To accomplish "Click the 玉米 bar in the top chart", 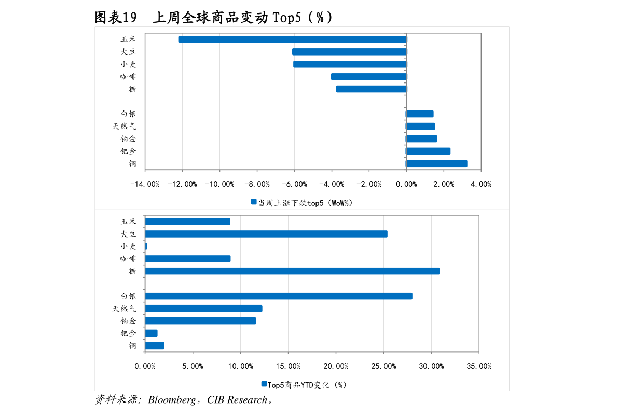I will pos(293,39).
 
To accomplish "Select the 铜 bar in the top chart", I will pos(436,164).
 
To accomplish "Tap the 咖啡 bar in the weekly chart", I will pos(368,77).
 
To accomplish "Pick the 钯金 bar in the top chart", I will pos(428,151).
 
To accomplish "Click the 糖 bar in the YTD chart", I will pos(292,271).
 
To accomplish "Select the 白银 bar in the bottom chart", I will pos(279,296).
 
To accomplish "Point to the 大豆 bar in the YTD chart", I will pos(266,234).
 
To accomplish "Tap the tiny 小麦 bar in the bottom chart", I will pos(146,246).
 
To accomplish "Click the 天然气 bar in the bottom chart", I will pos(203,309).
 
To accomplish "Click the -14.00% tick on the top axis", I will pos(145,184).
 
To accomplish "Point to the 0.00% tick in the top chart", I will pos(406,184).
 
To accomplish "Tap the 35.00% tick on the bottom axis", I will pos(479,366).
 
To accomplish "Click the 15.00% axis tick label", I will pos(288,366).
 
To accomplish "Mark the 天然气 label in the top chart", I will pos(125,127).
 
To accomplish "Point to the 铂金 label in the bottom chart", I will pos(128,321).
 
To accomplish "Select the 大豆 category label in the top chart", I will pos(128,52).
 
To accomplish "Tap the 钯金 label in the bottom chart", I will pos(128,334).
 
